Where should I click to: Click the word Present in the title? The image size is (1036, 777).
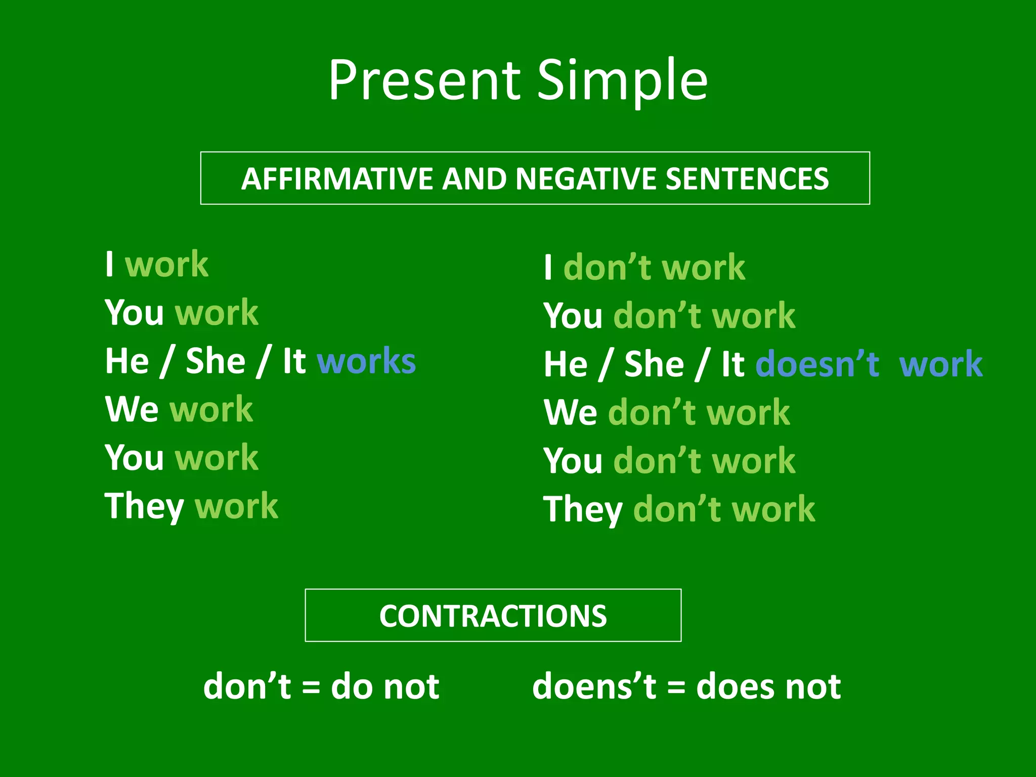[424, 81]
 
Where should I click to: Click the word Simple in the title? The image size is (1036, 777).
[622, 81]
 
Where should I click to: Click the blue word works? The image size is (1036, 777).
[366, 361]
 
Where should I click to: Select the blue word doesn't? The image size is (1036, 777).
[817, 364]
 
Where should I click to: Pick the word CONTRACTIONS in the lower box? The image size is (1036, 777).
[493, 616]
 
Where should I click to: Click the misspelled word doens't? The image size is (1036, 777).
[594, 686]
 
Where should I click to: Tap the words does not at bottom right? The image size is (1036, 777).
[768, 686]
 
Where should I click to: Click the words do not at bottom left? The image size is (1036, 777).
[385, 686]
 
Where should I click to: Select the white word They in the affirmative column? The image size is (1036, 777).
[144, 506]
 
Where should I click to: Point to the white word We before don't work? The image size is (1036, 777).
[570, 412]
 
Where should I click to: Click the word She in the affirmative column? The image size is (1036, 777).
[215, 361]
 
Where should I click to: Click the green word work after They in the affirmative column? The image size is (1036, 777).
[236, 506]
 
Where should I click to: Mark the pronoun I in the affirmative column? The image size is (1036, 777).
[109, 264]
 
